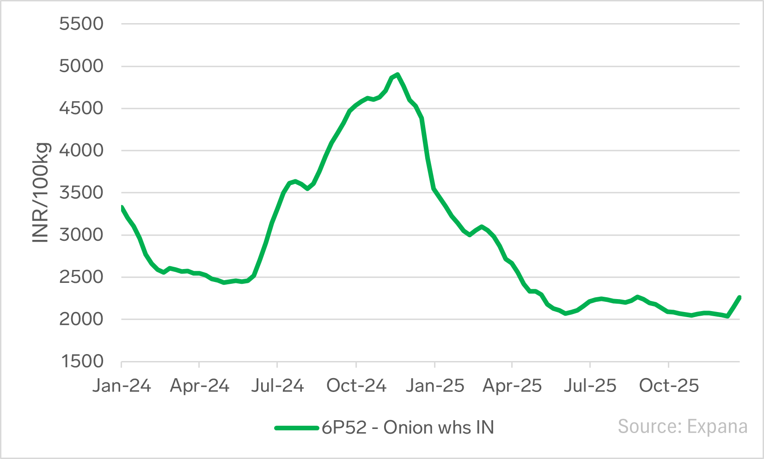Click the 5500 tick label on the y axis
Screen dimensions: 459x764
click(81, 24)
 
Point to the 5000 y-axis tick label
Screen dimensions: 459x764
click(81, 66)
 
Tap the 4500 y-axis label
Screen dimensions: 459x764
click(81, 108)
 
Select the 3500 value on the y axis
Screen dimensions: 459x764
click(81, 193)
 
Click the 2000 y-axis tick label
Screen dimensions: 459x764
click(81, 319)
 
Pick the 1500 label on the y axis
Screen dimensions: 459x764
click(81, 361)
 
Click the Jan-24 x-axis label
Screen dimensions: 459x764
click(122, 386)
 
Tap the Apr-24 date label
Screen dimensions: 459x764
click(199, 386)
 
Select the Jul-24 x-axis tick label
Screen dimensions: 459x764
click(277, 386)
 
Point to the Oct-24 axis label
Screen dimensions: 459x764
click(356, 386)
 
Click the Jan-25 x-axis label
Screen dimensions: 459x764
click(434, 386)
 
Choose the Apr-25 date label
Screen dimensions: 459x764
click(512, 386)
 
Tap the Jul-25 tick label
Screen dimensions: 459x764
click(590, 386)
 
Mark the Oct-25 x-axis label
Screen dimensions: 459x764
click(668, 386)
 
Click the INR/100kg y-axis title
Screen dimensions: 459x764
click(41, 192)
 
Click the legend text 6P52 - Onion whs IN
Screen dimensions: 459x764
click(408, 428)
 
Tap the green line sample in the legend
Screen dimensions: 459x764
click(297, 428)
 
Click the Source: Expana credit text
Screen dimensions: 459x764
click(682, 426)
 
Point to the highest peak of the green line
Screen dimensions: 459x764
click(397, 74)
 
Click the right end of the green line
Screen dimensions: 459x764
click(740, 297)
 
